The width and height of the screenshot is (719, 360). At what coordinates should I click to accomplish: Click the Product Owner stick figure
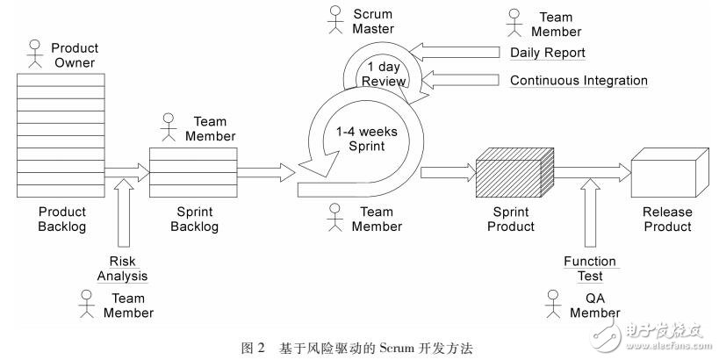click(36, 54)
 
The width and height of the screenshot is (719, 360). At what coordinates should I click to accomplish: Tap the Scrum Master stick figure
click(335, 19)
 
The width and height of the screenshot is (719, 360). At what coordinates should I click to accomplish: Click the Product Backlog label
click(62, 219)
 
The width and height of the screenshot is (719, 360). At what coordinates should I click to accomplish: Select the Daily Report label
click(548, 53)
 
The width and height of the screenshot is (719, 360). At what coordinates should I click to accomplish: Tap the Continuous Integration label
click(579, 81)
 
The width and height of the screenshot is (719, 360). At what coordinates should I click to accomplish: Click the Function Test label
click(589, 269)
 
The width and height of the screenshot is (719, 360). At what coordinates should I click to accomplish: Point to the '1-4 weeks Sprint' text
click(367, 139)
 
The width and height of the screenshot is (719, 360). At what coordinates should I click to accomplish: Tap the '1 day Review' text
click(386, 75)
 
